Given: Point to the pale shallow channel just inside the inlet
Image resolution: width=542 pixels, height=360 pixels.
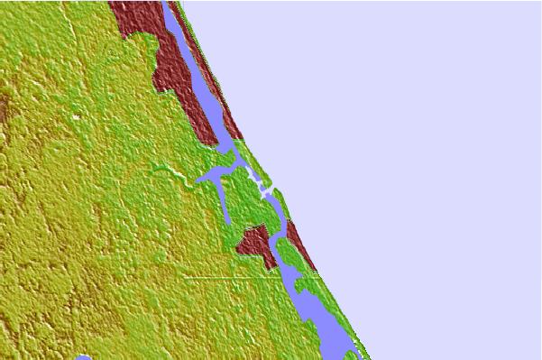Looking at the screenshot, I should pyautogui.click(x=262, y=191).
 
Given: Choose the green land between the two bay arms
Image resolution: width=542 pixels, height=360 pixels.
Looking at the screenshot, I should pyautogui.click(x=240, y=194).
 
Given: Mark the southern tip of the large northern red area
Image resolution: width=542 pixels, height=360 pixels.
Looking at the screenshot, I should pyautogui.click(x=216, y=142).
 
